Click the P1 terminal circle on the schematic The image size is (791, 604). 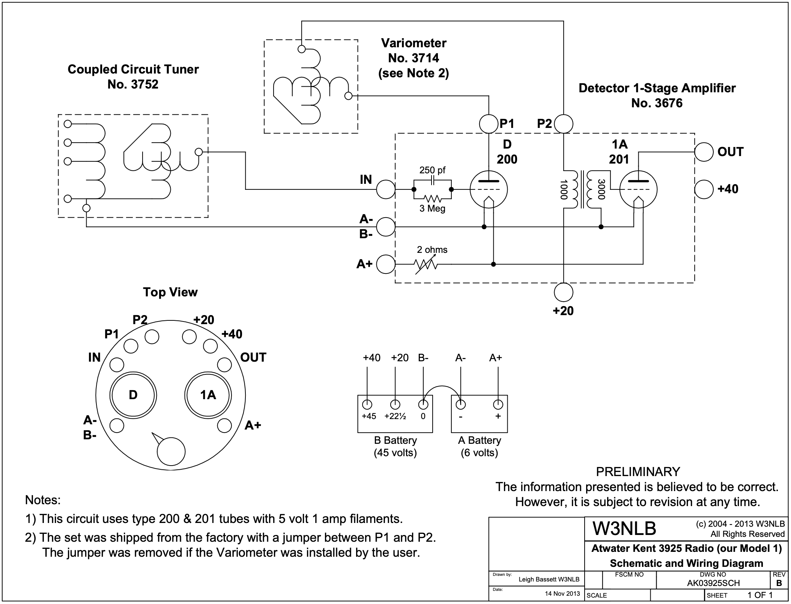(x=489, y=124)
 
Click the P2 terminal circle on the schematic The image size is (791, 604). (x=564, y=124)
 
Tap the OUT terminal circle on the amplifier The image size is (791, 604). (x=704, y=152)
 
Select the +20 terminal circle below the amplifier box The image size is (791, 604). (x=564, y=292)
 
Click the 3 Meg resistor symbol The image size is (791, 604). (x=432, y=198)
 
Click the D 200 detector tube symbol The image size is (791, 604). (x=489, y=189)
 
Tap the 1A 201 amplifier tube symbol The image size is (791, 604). (x=638, y=189)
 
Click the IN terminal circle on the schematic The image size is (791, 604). (x=385, y=189)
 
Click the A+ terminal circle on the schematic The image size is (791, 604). (x=385, y=264)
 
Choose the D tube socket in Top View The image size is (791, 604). (x=133, y=395)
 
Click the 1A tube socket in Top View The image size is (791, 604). (x=208, y=395)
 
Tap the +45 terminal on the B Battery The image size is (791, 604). (x=367, y=404)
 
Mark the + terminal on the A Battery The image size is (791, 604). (x=498, y=404)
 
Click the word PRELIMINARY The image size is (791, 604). (x=638, y=472)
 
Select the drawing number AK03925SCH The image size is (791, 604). (x=713, y=583)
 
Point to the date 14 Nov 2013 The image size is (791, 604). (x=562, y=593)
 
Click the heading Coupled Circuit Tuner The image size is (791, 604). (x=133, y=69)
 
